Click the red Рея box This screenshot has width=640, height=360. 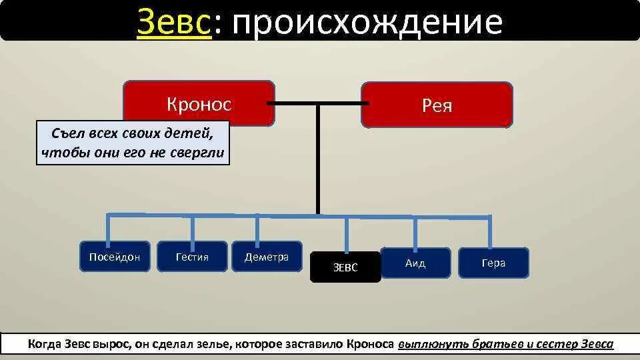437,105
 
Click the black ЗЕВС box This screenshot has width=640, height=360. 345,267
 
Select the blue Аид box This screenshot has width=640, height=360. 415,263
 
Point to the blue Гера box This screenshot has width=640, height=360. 493,263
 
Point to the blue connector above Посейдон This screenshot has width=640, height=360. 108,228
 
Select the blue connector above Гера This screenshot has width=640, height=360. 491,231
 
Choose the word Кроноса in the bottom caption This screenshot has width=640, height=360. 370,344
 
